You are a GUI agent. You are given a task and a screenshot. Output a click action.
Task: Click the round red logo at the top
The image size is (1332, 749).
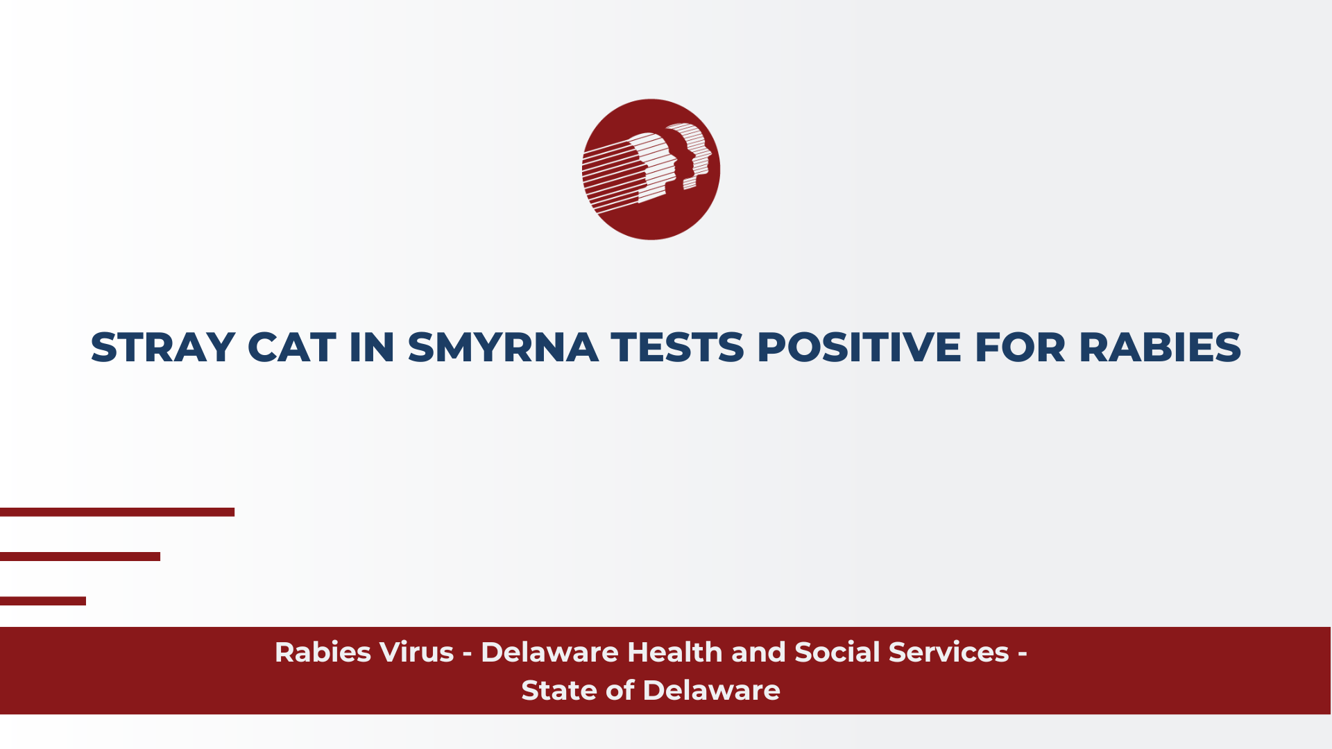(x=651, y=169)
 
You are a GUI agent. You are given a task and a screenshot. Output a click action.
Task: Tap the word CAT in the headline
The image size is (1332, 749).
(x=291, y=347)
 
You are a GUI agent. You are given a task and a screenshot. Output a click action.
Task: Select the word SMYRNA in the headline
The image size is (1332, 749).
(x=503, y=347)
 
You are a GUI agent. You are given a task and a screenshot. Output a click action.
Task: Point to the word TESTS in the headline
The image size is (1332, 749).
(x=678, y=347)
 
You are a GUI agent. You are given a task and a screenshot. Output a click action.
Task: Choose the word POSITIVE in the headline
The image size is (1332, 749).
(x=859, y=347)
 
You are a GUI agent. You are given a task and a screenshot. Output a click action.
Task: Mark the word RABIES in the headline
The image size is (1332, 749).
(x=1160, y=347)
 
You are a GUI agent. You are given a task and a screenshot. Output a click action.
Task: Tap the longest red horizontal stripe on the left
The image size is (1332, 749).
(x=117, y=512)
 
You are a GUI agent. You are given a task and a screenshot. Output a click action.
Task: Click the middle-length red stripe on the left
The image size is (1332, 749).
(x=80, y=556)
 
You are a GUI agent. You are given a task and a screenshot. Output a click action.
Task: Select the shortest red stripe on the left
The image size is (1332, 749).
(x=43, y=601)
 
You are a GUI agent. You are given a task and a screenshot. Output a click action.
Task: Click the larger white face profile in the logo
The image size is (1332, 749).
(x=653, y=166)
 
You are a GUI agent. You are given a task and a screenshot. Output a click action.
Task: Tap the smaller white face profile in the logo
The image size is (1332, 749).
(x=691, y=155)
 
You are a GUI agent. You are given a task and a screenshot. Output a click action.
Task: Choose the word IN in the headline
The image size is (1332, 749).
(x=372, y=347)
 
